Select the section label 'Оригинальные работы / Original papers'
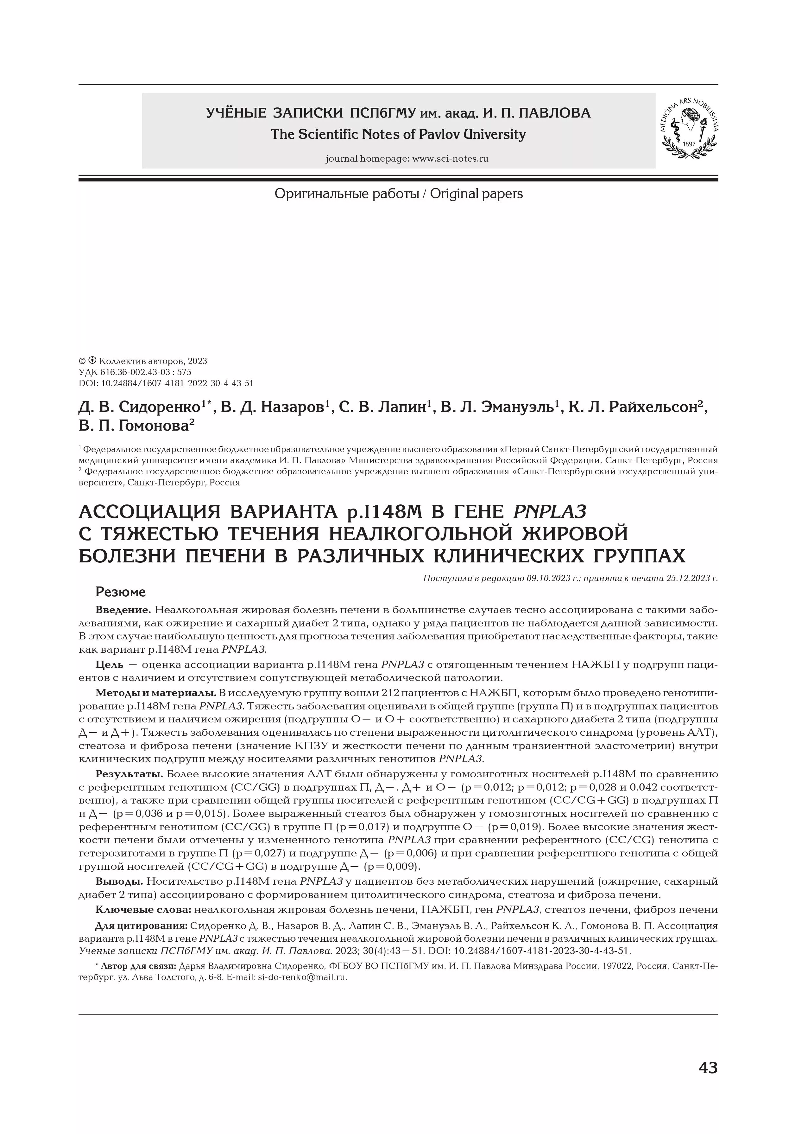pos(399,194)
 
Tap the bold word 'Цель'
pos(109,664)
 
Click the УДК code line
pos(135,372)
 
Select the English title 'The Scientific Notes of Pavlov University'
pos(398,134)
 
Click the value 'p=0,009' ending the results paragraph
pos(391,867)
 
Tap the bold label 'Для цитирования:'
pos(141,926)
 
